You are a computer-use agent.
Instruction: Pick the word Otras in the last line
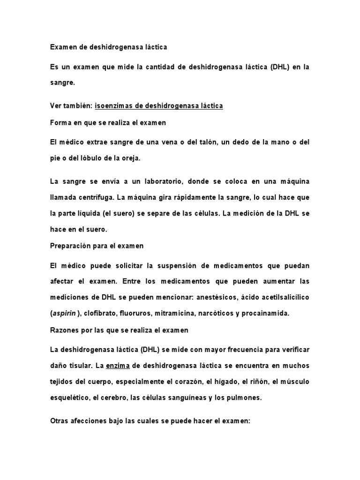tap(59, 421)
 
